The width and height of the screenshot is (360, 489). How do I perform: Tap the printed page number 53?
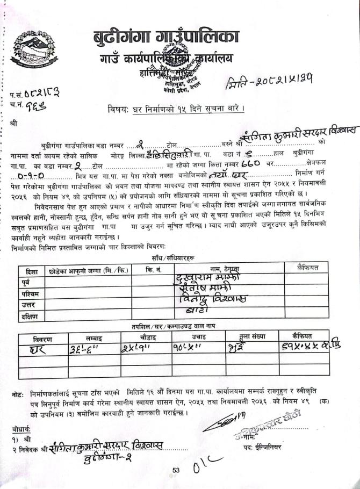[176, 471]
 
